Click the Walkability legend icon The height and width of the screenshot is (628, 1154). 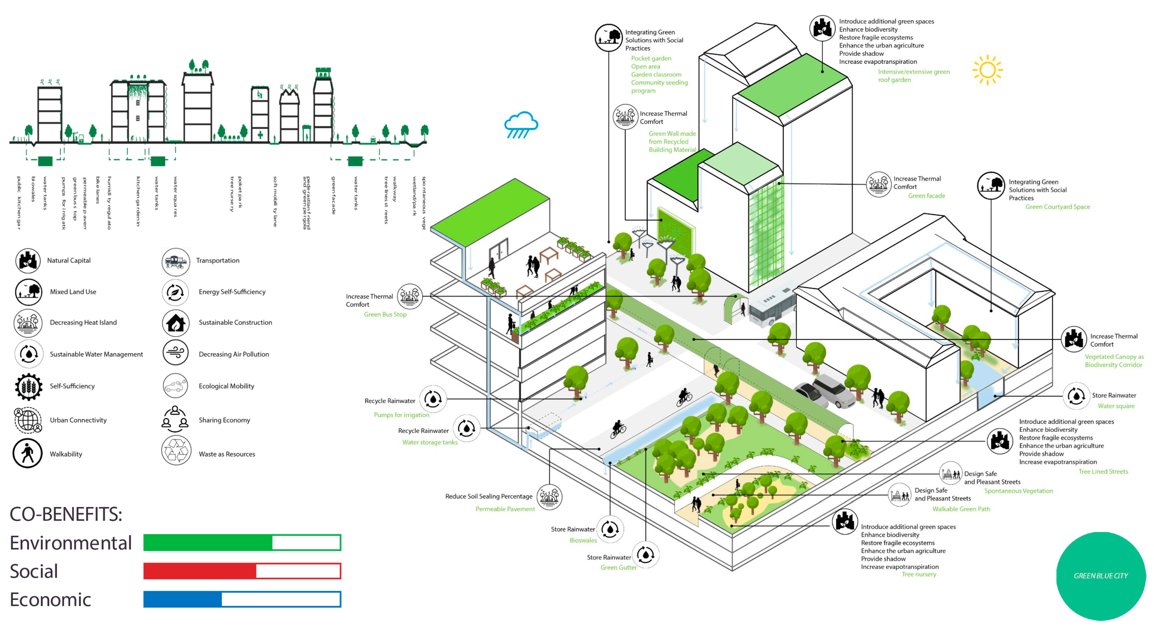pos(27,453)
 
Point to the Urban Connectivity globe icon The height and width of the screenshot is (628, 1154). pos(28,420)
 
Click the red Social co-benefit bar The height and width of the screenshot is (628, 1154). pos(242,571)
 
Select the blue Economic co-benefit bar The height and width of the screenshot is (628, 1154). pos(242,599)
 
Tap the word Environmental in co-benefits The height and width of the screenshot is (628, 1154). pos(71,543)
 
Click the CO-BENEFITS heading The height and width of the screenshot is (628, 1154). pos(66,514)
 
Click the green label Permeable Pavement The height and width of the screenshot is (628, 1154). pos(505,509)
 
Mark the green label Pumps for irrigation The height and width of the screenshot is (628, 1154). pos(401,415)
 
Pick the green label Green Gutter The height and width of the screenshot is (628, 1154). pos(618,568)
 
